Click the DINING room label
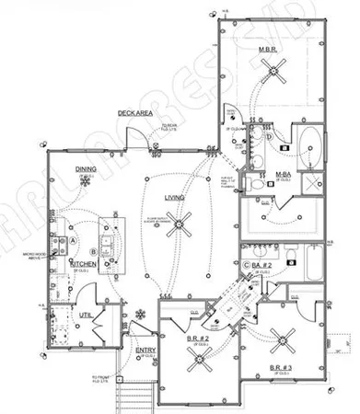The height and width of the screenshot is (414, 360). (x=86, y=169)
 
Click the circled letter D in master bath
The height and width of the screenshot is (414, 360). (x=268, y=138)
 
